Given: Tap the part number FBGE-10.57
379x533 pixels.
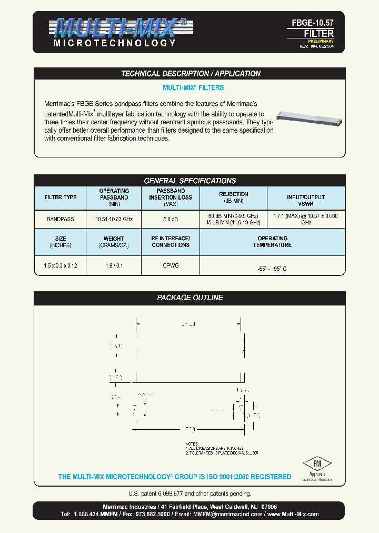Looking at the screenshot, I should pos(313,23).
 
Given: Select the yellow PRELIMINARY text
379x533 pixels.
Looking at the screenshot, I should pos(321,41).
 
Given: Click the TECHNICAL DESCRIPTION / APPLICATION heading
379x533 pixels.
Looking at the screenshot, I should pos(191,74).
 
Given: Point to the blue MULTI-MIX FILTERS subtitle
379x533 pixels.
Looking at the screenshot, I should pos(193,87).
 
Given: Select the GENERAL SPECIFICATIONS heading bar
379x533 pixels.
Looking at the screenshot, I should pos(189,181).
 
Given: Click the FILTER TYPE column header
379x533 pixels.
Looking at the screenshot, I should pos(60,197).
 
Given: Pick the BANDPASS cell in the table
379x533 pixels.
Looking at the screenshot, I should pos(60,219).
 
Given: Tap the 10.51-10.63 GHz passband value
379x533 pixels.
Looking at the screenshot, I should pos(114,219).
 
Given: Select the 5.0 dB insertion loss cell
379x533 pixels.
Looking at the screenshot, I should pos(170,219).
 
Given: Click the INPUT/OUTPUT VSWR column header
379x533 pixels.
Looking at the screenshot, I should pos(306,200).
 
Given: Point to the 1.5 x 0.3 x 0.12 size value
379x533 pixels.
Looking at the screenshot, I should pos(60,265).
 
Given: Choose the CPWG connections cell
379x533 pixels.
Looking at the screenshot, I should pos(171,265).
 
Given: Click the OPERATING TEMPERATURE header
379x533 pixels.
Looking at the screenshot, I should pos(272,242).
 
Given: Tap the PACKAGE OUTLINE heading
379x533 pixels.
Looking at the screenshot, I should pos(189,298).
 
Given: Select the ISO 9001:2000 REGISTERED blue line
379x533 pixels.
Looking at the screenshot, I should pos(174,477).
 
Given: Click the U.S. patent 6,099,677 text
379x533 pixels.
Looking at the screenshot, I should pos(189,493).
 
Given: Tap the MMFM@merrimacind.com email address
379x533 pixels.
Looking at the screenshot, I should pos(227,514).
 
